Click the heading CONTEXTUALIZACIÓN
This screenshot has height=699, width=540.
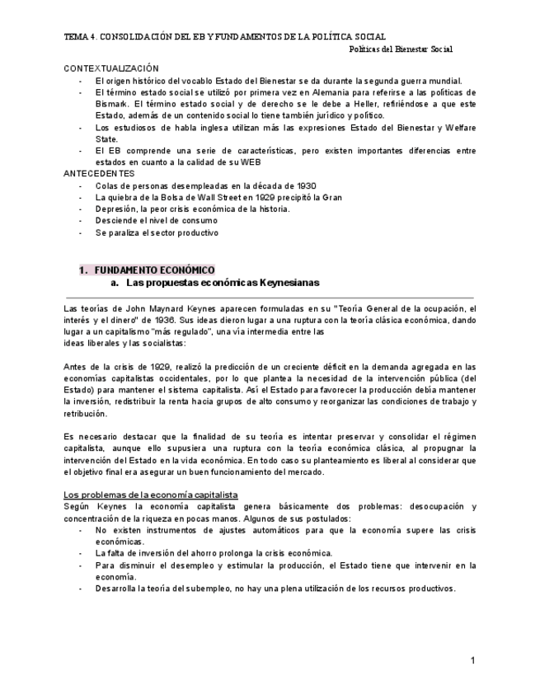pos(111,68)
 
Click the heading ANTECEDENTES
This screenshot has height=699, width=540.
pos(99,174)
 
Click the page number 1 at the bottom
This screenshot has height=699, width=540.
pos(472,660)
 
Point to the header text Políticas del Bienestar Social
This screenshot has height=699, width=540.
pos(401,49)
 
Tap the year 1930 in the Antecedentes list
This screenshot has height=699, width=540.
pos(303,185)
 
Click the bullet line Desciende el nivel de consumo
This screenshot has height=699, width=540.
pos(157,221)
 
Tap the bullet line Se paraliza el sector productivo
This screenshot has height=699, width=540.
pos(157,232)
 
